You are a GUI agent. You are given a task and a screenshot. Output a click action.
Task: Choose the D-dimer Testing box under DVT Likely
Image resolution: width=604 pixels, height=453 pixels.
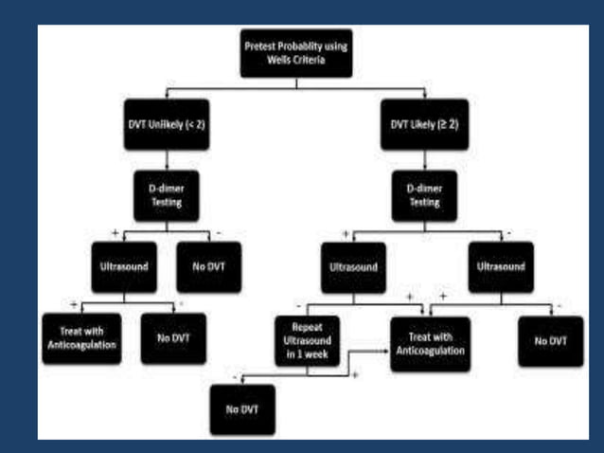click(x=425, y=197)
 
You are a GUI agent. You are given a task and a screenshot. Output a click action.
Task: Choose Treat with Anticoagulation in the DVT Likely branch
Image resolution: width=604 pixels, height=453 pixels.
click(x=430, y=342)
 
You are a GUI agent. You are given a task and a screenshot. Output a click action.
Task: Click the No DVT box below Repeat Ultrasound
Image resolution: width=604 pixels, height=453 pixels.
click(x=242, y=410)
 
